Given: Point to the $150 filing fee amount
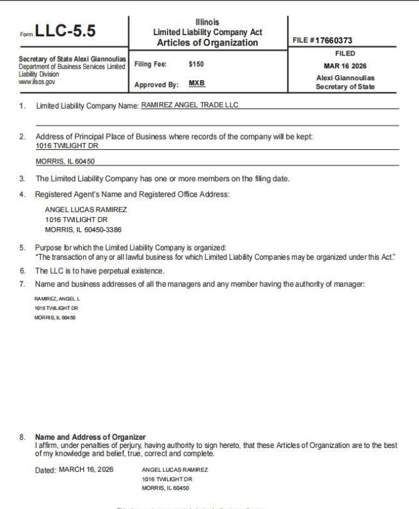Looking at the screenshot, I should tap(196, 63).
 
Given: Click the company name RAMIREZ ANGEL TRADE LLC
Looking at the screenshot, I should tap(189, 105).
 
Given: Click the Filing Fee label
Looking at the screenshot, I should tap(150, 63).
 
